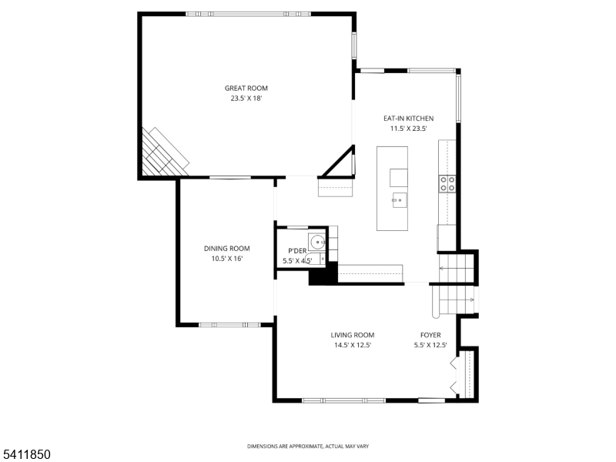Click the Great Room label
pyautogui.click(x=246, y=89)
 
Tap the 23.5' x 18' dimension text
pyautogui.click(x=246, y=99)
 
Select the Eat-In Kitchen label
pyautogui.click(x=408, y=119)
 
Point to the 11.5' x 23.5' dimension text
pyautogui.click(x=408, y=129)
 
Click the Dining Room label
pyautogui.click(x=226, y=248)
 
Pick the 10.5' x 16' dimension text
pyautogui.click(x=226, y=259)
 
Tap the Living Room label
pyautogui.click(x=353, y=335)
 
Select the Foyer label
pyautogui.click(x=430, y=335)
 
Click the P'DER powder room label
pyautogui.click(x=297, y=251)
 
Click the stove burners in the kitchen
pyautogui.click(x=447, y=182)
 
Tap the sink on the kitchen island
pyautogui.click(x=398, y=201)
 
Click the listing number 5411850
pyautogui.click(x=26, y=455)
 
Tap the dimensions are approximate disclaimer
pyautogui.click(x=307, y=447)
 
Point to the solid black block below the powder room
pyautogui.click(x=322, y=275)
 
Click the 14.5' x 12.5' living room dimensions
pyautogui.click(x=353, y=345)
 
